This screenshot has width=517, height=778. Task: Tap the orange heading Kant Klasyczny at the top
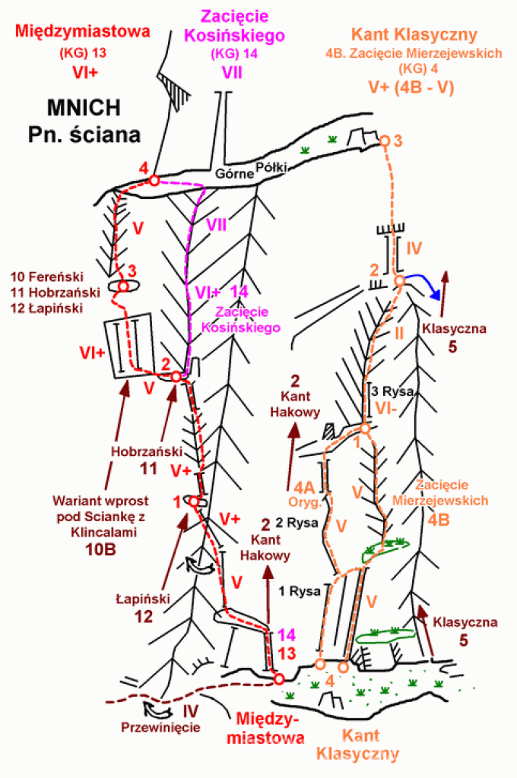tap(414, 34)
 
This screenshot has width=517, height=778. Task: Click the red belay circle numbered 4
tap(154, 180)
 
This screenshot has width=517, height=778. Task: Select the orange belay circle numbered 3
tap(385, 141)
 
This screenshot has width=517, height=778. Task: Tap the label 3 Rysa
tap(392, 391)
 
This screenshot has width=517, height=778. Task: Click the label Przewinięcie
tap(160, 727)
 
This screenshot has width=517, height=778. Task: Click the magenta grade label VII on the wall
tap(217, 224)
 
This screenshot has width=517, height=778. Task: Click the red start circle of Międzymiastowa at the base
tap(279, 678)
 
